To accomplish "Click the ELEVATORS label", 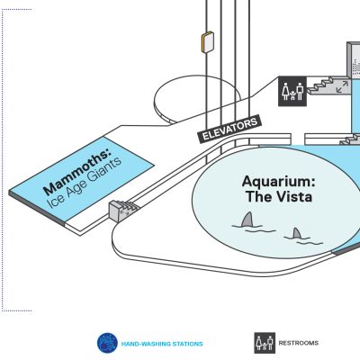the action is (x=229, y=130).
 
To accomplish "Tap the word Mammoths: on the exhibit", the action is (x=76, y=172).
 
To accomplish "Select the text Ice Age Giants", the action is (x=85, y=183).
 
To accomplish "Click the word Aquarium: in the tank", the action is (x=279, y=182).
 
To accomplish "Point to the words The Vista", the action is (x=279, y=197).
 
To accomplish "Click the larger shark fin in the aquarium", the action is (x=247, y=220).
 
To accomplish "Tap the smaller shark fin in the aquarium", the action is (x=296, y=233).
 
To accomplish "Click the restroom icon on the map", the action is (x=292, y=91).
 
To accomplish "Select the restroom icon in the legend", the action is (x=265, y=343).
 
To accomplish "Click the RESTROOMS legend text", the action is (x=299, y=343).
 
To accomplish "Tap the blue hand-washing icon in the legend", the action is (x=107, y=343).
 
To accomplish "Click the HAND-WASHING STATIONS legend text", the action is (x=162, y=344).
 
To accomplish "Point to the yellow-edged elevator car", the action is (x=207, y=42).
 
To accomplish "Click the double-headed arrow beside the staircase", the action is (x=342, y=86).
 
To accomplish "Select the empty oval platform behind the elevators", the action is (x=197, y=99).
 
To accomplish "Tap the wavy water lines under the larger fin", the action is (x=254, y=229).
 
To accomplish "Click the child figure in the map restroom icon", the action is (x=292, y=95).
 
